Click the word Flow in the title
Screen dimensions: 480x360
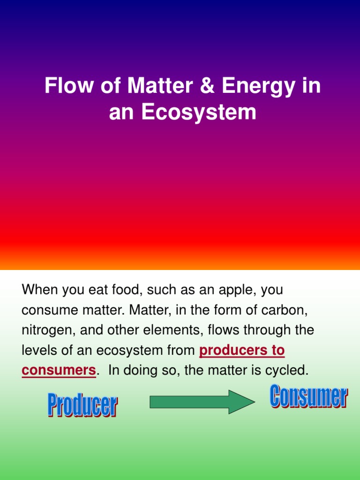[x=65, y=87]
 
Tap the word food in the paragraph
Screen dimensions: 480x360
[x=125, y=290]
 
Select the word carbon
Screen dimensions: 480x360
[x=289, y=310]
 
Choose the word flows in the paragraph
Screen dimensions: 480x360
[x=222, y=330]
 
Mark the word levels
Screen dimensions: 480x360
[x=39, y=350]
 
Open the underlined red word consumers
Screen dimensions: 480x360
[x=59, y=370]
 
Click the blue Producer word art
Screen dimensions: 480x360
[x=82, y=405]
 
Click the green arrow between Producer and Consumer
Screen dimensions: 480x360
[x=202, y=402]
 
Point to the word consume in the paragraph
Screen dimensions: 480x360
[x=49, y=310]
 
